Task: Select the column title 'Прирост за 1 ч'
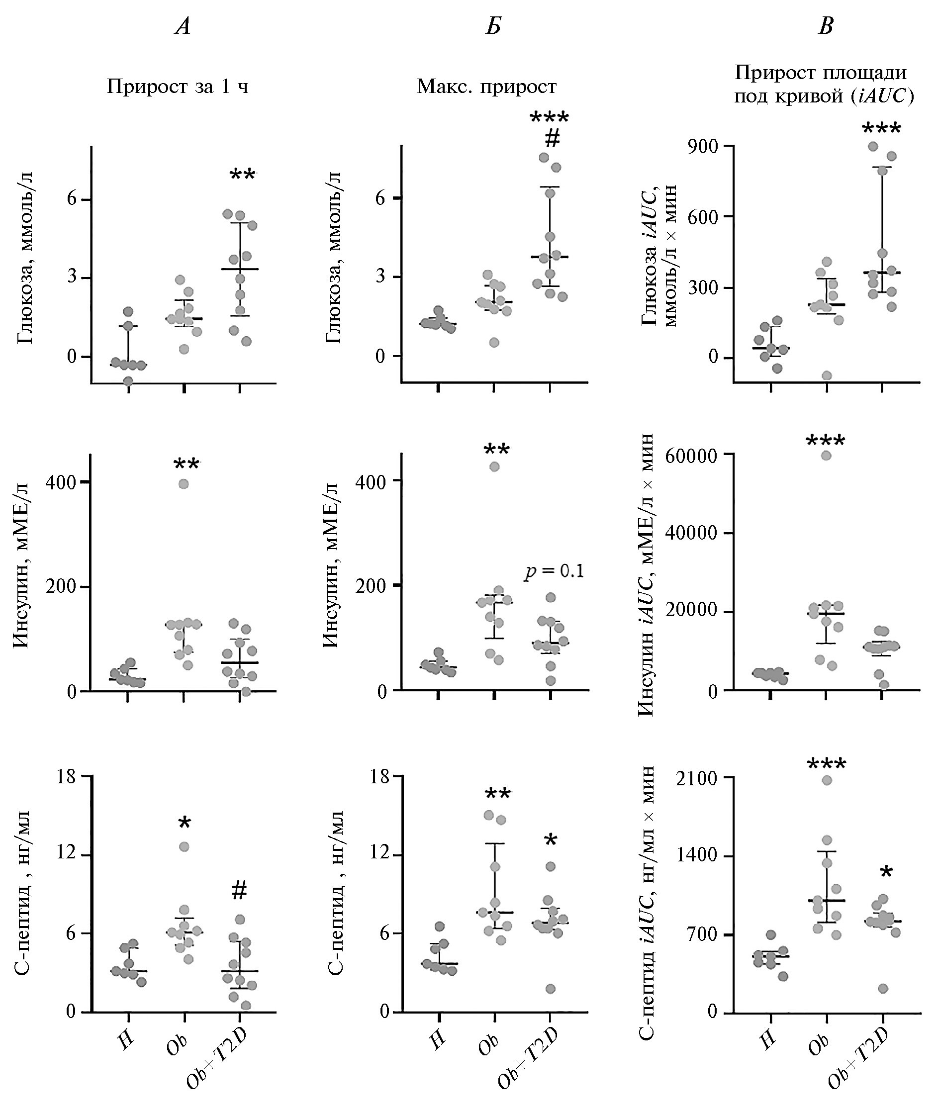tap(178, 86)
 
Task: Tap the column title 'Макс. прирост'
tap(486, 86)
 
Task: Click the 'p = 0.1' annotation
tap(554, 571)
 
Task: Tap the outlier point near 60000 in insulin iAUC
tap(826, 456)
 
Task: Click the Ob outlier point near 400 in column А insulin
tap(184, 484)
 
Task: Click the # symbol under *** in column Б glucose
tap(552, 140)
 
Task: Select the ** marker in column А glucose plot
tap(243, 175)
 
